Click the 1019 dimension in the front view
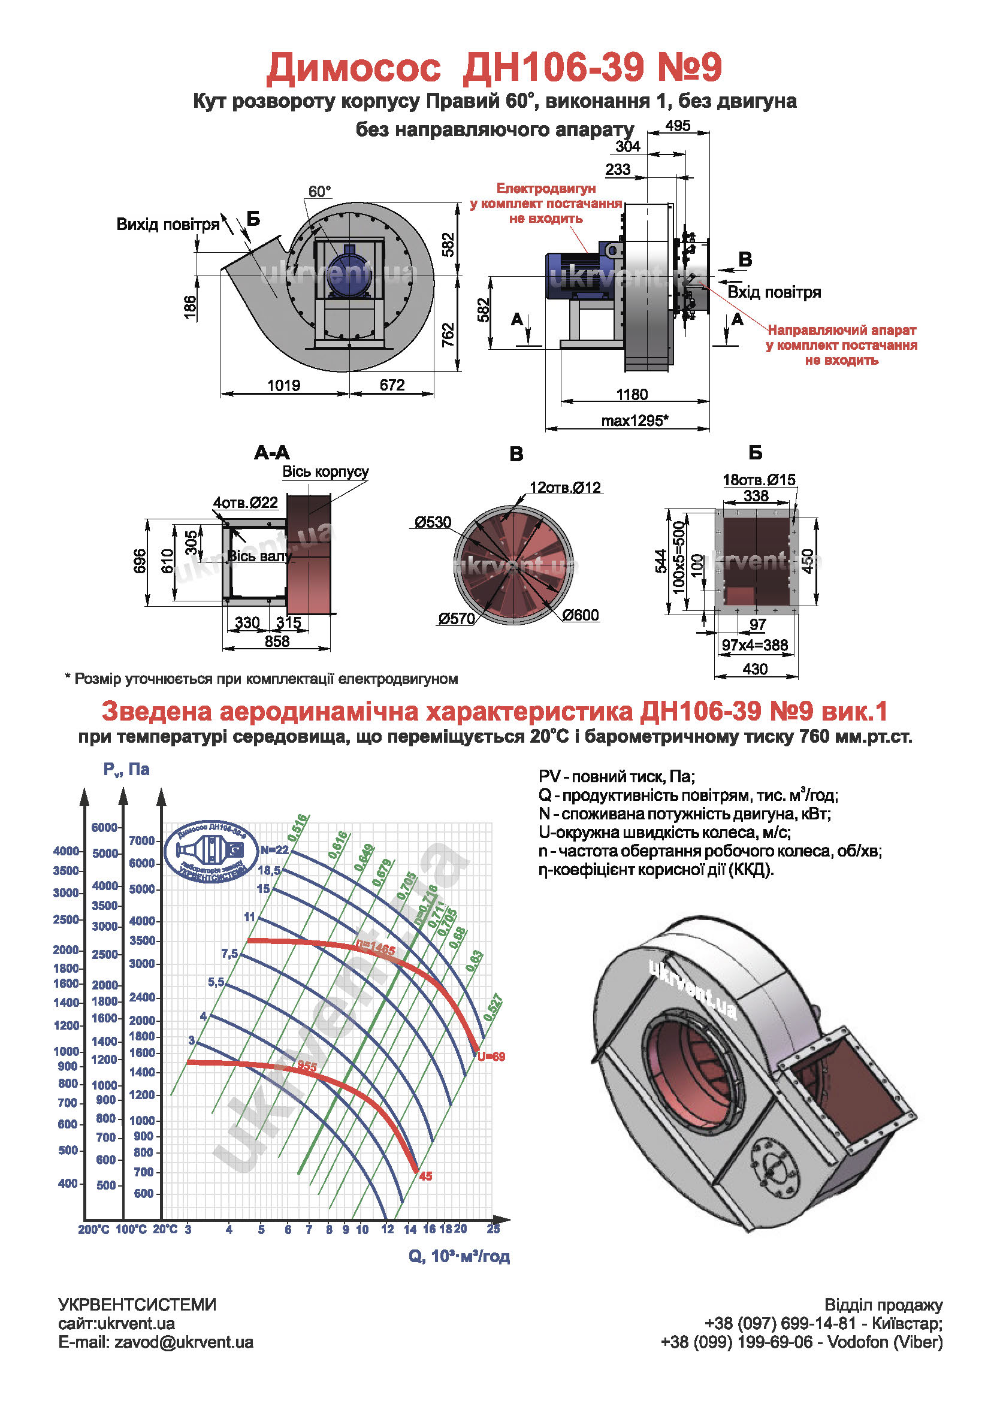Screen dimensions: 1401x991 click(x=284, y=386)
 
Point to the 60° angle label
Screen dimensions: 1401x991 click(x=319, y=192)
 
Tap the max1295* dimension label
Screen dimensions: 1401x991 click(x=635, y=420)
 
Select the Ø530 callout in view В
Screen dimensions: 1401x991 click(x=433, y=522)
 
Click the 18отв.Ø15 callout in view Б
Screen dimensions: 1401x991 click(x=759, y=480)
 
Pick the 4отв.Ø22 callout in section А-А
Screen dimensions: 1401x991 click(x=245, y=503)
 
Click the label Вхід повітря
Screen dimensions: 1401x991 click(x=774, y=292)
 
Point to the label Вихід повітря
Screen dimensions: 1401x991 click(x=168, y=225)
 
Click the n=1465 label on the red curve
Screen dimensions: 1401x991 click(x=376, y=949)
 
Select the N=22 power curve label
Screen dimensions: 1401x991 click(x=274, y=850)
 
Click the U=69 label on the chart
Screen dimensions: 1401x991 click(x=491, y=1056)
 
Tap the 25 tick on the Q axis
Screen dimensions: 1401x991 click(x=493, y=1228)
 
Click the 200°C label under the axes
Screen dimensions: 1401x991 click(x=93, y=1229)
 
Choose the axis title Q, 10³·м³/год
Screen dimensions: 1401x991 click(x=459, y=1257)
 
